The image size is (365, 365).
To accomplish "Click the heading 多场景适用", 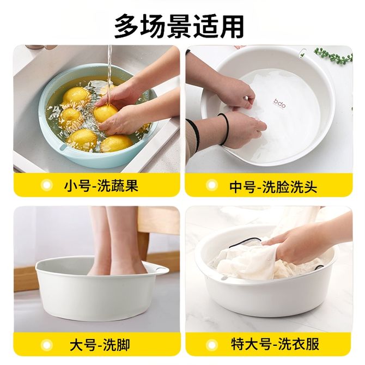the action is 179,26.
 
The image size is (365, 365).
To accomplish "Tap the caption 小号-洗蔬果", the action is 101,186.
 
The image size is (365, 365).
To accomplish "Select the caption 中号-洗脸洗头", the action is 273,187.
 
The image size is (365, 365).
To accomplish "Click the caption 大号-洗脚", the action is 100,345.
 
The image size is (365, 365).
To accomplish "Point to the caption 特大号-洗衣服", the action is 275,344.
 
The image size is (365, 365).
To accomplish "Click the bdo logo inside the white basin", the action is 279,104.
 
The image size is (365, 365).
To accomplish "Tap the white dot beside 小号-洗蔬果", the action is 47,185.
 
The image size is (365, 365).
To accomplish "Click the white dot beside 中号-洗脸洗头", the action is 211,185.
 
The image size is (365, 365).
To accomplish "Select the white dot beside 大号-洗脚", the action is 47,345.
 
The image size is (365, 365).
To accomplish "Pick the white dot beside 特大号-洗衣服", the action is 212,344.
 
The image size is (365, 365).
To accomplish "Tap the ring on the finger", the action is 247,98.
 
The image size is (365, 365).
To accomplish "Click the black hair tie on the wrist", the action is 225,129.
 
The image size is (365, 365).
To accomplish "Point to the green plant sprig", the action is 333,56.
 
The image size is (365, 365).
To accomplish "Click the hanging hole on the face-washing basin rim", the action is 302,52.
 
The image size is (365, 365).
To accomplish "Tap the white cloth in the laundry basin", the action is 251,261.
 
